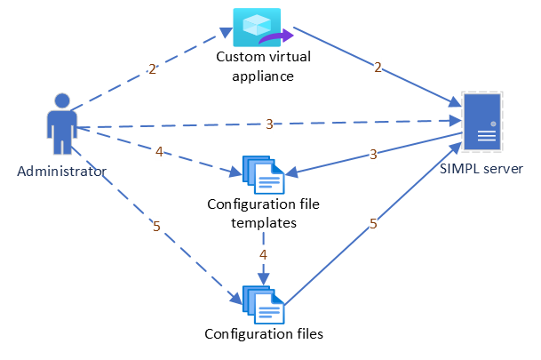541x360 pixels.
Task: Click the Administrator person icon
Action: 61,124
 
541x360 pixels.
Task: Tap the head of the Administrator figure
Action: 61,100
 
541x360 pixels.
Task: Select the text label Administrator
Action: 61,171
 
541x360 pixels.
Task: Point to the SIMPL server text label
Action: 481,168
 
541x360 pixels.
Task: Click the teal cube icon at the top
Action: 257,27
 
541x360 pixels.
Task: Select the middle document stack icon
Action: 264,175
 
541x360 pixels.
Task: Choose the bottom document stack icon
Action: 264,305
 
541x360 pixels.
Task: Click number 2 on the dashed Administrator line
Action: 152,68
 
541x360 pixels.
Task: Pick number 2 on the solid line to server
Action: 378,67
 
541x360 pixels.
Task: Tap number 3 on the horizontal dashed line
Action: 269,124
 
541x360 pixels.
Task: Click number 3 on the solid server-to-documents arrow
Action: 372,154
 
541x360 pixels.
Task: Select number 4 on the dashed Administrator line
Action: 159,152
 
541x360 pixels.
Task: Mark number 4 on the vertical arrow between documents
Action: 263,255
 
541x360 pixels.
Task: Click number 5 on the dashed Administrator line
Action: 157,227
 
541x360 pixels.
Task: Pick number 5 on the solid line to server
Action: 373,224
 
